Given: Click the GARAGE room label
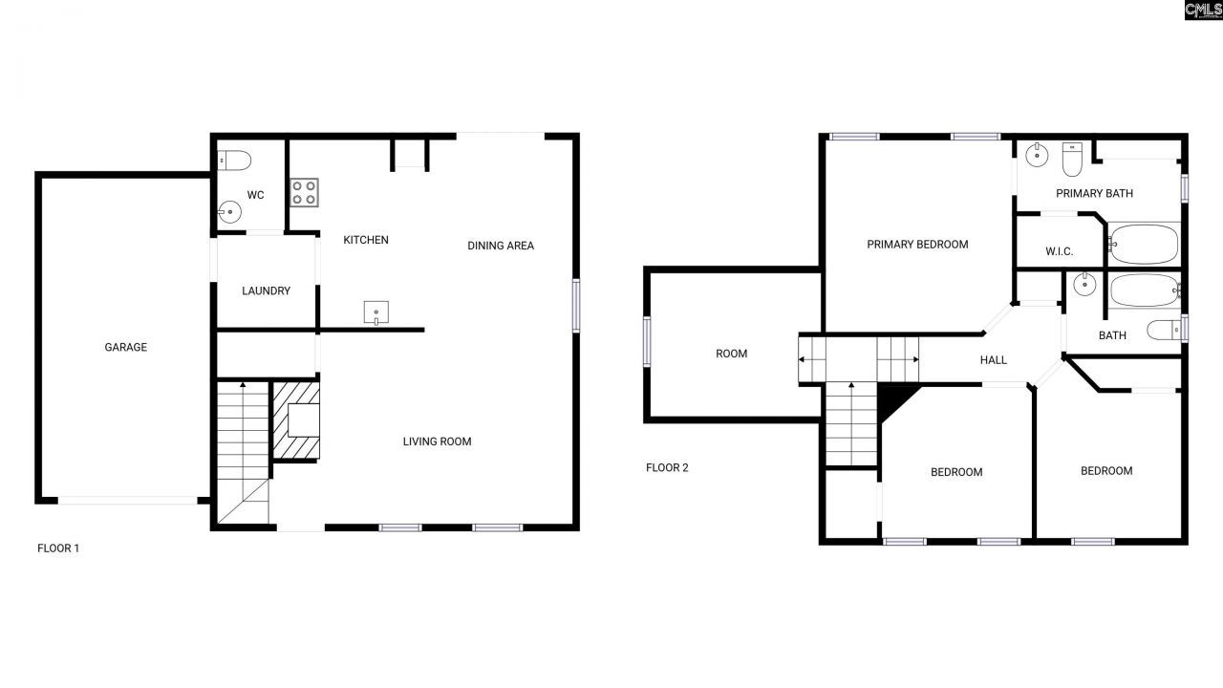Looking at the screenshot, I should [126, 348].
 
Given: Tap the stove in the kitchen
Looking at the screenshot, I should [305, 192].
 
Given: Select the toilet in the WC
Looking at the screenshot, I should [234, 160].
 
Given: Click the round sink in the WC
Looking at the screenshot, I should [229, 212].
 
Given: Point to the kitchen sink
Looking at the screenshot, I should [376, 312].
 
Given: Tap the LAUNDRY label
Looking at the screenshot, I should [266, 290].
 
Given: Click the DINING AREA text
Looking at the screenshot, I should [501, 246].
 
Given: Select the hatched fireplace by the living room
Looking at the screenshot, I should [296, 420].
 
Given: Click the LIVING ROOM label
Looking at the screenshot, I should [437, 441].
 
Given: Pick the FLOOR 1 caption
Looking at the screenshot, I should [58, 548].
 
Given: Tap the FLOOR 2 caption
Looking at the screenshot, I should [667, 468].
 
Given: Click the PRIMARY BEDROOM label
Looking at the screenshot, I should [917, 245].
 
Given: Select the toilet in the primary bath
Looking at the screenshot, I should [1071, 160].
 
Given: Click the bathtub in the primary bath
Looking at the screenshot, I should [1144, 244].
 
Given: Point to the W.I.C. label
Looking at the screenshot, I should [1060, 251].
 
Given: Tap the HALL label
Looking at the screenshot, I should [994, 360].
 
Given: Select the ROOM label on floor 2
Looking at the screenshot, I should [732, 354].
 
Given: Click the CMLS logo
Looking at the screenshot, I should [1202, 11].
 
